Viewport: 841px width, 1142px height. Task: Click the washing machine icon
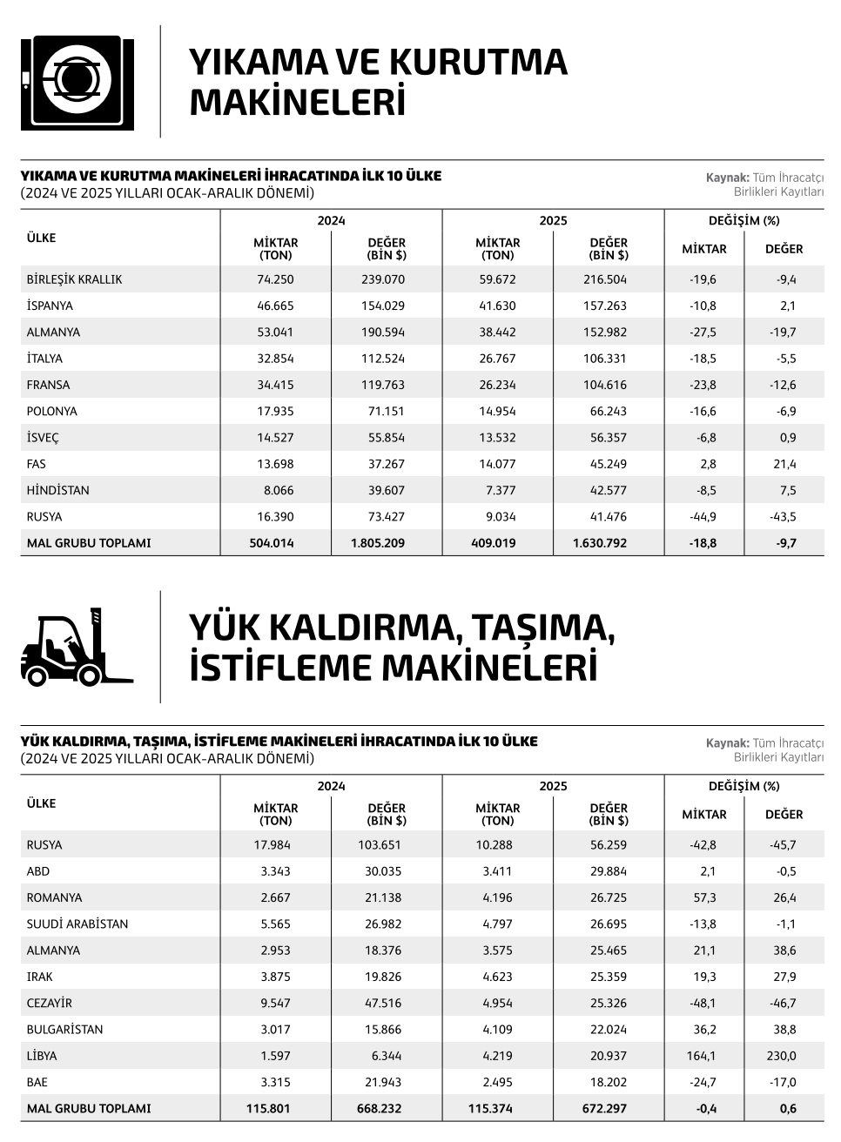coord(77,83)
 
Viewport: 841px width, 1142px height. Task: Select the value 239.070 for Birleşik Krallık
coord(383,279)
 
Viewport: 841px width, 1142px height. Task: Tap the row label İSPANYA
coord(50,306)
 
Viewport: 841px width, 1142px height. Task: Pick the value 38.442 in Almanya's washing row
coord(497,332)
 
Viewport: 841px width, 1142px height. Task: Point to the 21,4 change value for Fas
coord(786,464)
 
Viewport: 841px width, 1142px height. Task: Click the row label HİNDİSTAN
coord(58,490)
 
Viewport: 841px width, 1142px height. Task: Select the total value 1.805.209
coord(378,543)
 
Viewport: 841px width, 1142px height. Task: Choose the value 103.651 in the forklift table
coord(381,844)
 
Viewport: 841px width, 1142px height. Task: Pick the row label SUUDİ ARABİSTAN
coord(77,924)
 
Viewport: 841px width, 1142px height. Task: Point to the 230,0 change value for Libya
coord(781,1056)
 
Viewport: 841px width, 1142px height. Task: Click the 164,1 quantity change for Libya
coord(702,1056)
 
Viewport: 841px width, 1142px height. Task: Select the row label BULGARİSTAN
coord(65,1029)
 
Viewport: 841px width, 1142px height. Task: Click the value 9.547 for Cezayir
coord(275,1003)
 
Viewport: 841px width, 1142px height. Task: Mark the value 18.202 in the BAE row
coord(609,1082)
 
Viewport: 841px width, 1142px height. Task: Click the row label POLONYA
coord(52,411)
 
